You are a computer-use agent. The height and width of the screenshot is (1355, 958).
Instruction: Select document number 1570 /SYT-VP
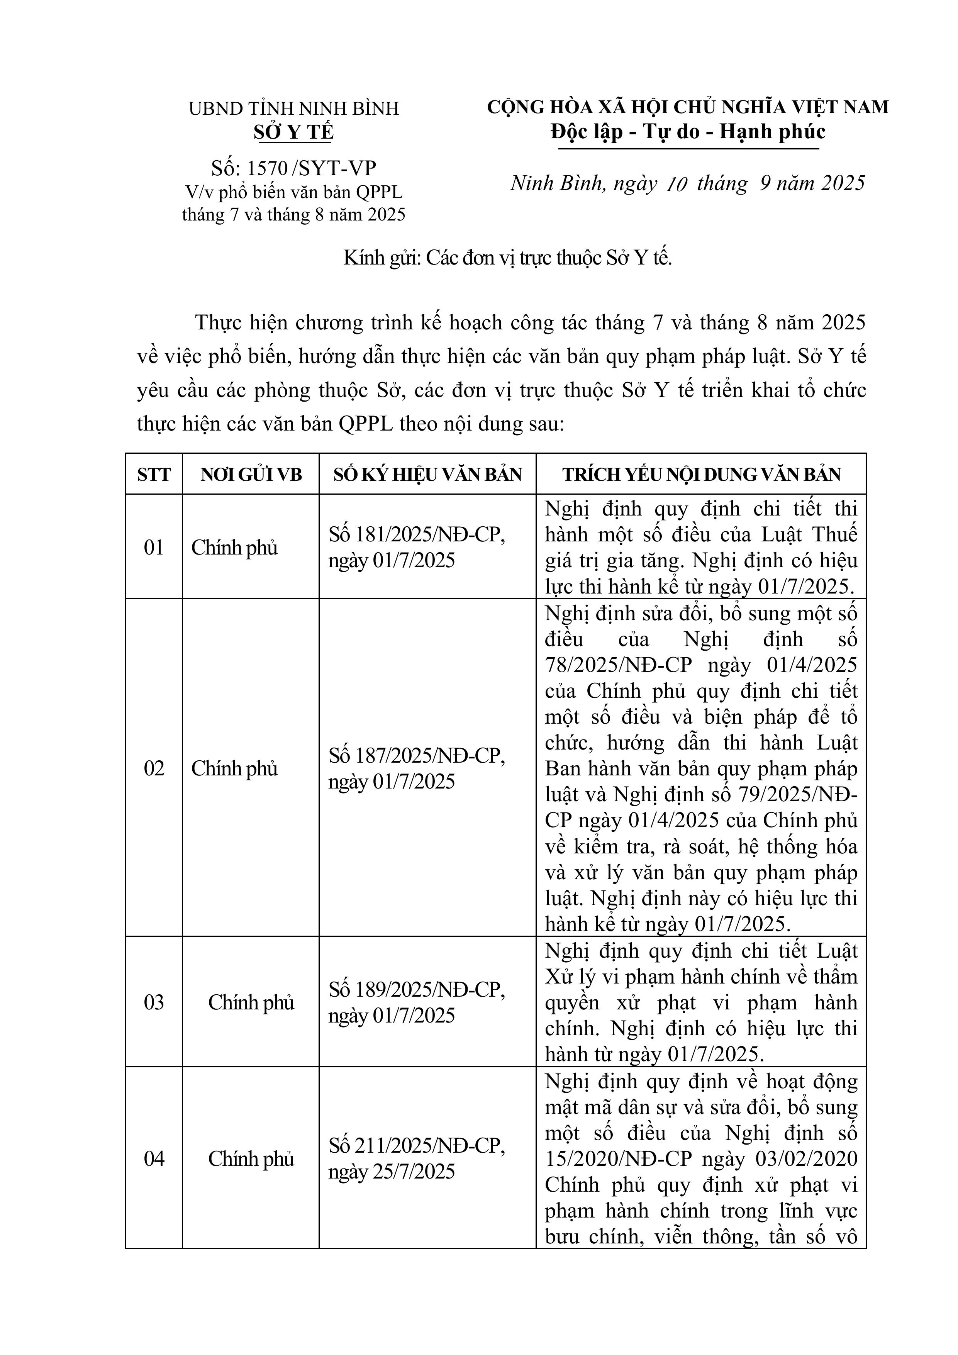pyautogui.click(x=293, y=168)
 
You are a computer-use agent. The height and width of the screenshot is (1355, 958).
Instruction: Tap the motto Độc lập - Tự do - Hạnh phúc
pyautogui.click(x=688, y=132)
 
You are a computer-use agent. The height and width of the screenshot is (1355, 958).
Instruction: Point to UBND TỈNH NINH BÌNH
pyautogui.click(x=293, y=109)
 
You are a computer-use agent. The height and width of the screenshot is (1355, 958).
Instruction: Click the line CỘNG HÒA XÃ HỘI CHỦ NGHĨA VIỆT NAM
pyautogui.click(x=688, y=107)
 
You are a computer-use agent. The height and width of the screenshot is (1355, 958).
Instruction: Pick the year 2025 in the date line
pyautogui.click(x=842, y=183)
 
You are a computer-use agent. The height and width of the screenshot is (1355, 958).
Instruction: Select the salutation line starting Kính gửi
pyautogui.click(x=508, y=258)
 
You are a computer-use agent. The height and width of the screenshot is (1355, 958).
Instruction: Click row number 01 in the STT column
pyautogui.click(x=153, y=547)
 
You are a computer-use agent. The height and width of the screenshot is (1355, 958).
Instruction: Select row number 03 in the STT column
pyautogui.click(x=153, y=1002)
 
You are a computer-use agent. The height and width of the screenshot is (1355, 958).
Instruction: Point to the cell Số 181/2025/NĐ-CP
pyautogui.click(x=417, y=535)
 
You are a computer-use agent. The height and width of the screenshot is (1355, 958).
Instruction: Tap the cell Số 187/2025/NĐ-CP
pyautogui.click(x=417, y=755)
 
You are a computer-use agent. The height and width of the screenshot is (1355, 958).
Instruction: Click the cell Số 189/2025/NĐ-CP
pyautogui.click(x=417, y=990)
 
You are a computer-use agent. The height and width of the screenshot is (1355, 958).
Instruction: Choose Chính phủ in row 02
pyautogui.click(x=234, y=768)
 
